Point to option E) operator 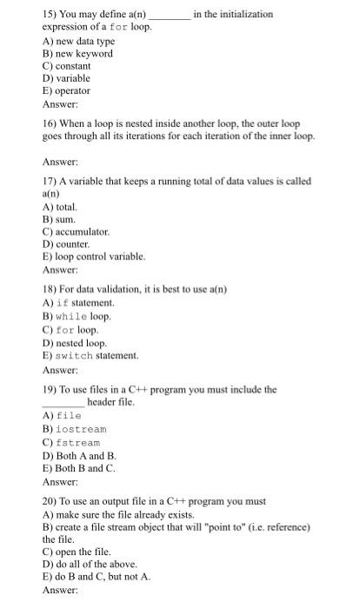pos(66,90)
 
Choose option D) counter pos(66,244)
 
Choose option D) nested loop pos(75,342)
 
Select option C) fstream pos(71,443)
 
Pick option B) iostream pos(75,430)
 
